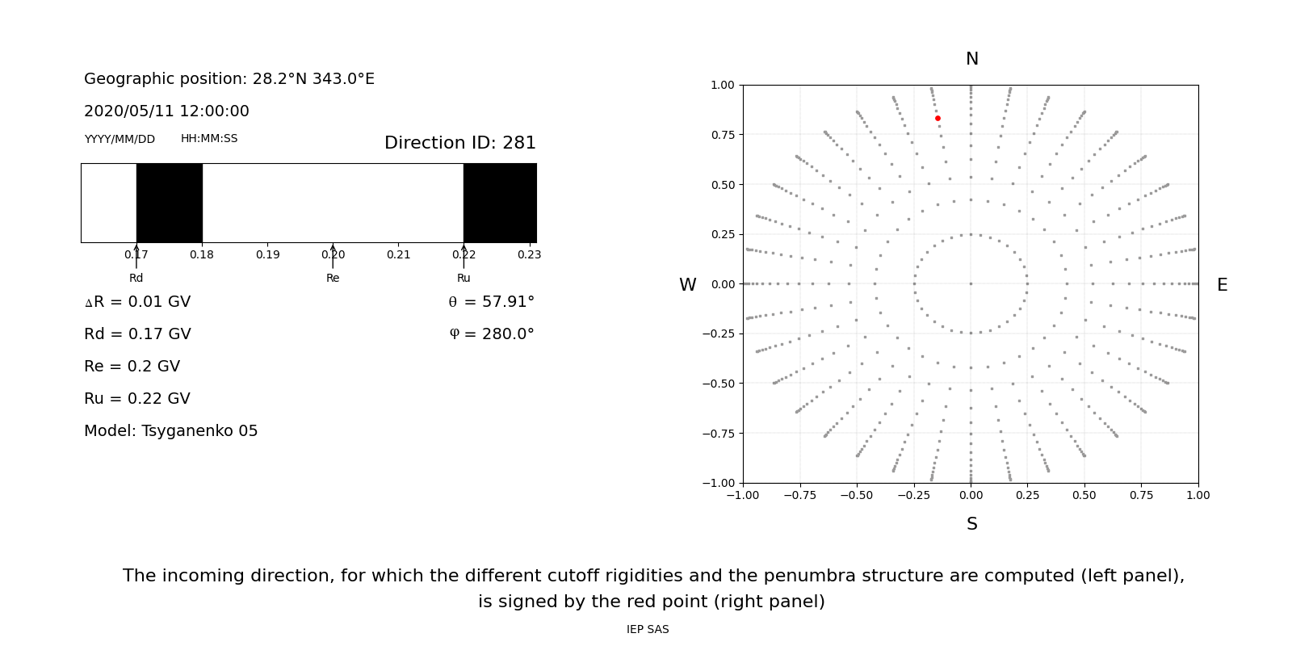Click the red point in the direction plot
coord(938,119)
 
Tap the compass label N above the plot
coord(971,60)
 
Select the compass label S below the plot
coord(971,525)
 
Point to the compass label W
coord(687,286)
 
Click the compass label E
coord(1222,286)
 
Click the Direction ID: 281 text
coord(459,144)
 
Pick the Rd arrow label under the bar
coord(136,279)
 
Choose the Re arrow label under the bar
coord(333,279)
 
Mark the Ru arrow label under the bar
coord(464,279)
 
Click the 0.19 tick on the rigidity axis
coord(267,255)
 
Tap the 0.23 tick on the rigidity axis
coord(529,255)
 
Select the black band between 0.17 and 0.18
coord(169,203)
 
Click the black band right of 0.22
coord(500,203)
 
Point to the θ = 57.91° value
coord(491,303)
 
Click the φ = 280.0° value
coord(491,335)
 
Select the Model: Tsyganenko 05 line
coord(171,431)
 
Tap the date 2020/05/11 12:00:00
coord(166,111)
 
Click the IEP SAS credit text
coord(648,630)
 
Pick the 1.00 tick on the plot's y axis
coord(722,86)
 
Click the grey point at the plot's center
coord(971,283)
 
